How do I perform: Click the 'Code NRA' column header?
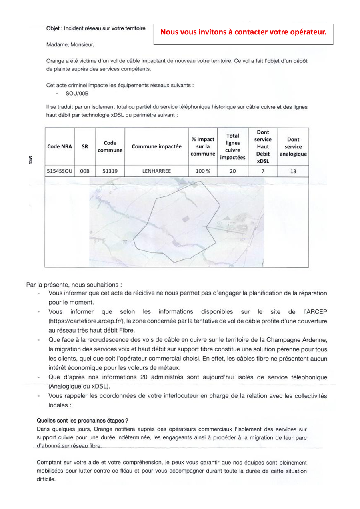(x=60, y=146)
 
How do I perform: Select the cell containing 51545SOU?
(x=60, y=171)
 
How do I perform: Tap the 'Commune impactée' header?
(x=156, y=146)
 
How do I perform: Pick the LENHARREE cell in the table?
(x=156, y=171)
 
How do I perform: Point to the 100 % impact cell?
(x=203, y=171)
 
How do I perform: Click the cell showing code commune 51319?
(x=110, y=171)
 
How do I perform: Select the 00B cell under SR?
(x=85, y=171)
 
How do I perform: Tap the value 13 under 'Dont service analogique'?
(x=293, y=171)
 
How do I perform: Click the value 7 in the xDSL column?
(x=263, y=171)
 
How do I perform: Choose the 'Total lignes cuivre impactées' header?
(x=232, y=146)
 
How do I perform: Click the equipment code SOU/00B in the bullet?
(x=77, y=93)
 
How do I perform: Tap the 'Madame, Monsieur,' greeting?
(x=70, y=44)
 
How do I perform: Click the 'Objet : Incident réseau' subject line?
(x=96, y=29)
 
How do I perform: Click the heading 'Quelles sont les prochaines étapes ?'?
(x=82, y=421)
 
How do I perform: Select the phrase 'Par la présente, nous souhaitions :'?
(x=74, y=285)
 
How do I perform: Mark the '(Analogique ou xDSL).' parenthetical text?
(x=79, y=387)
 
